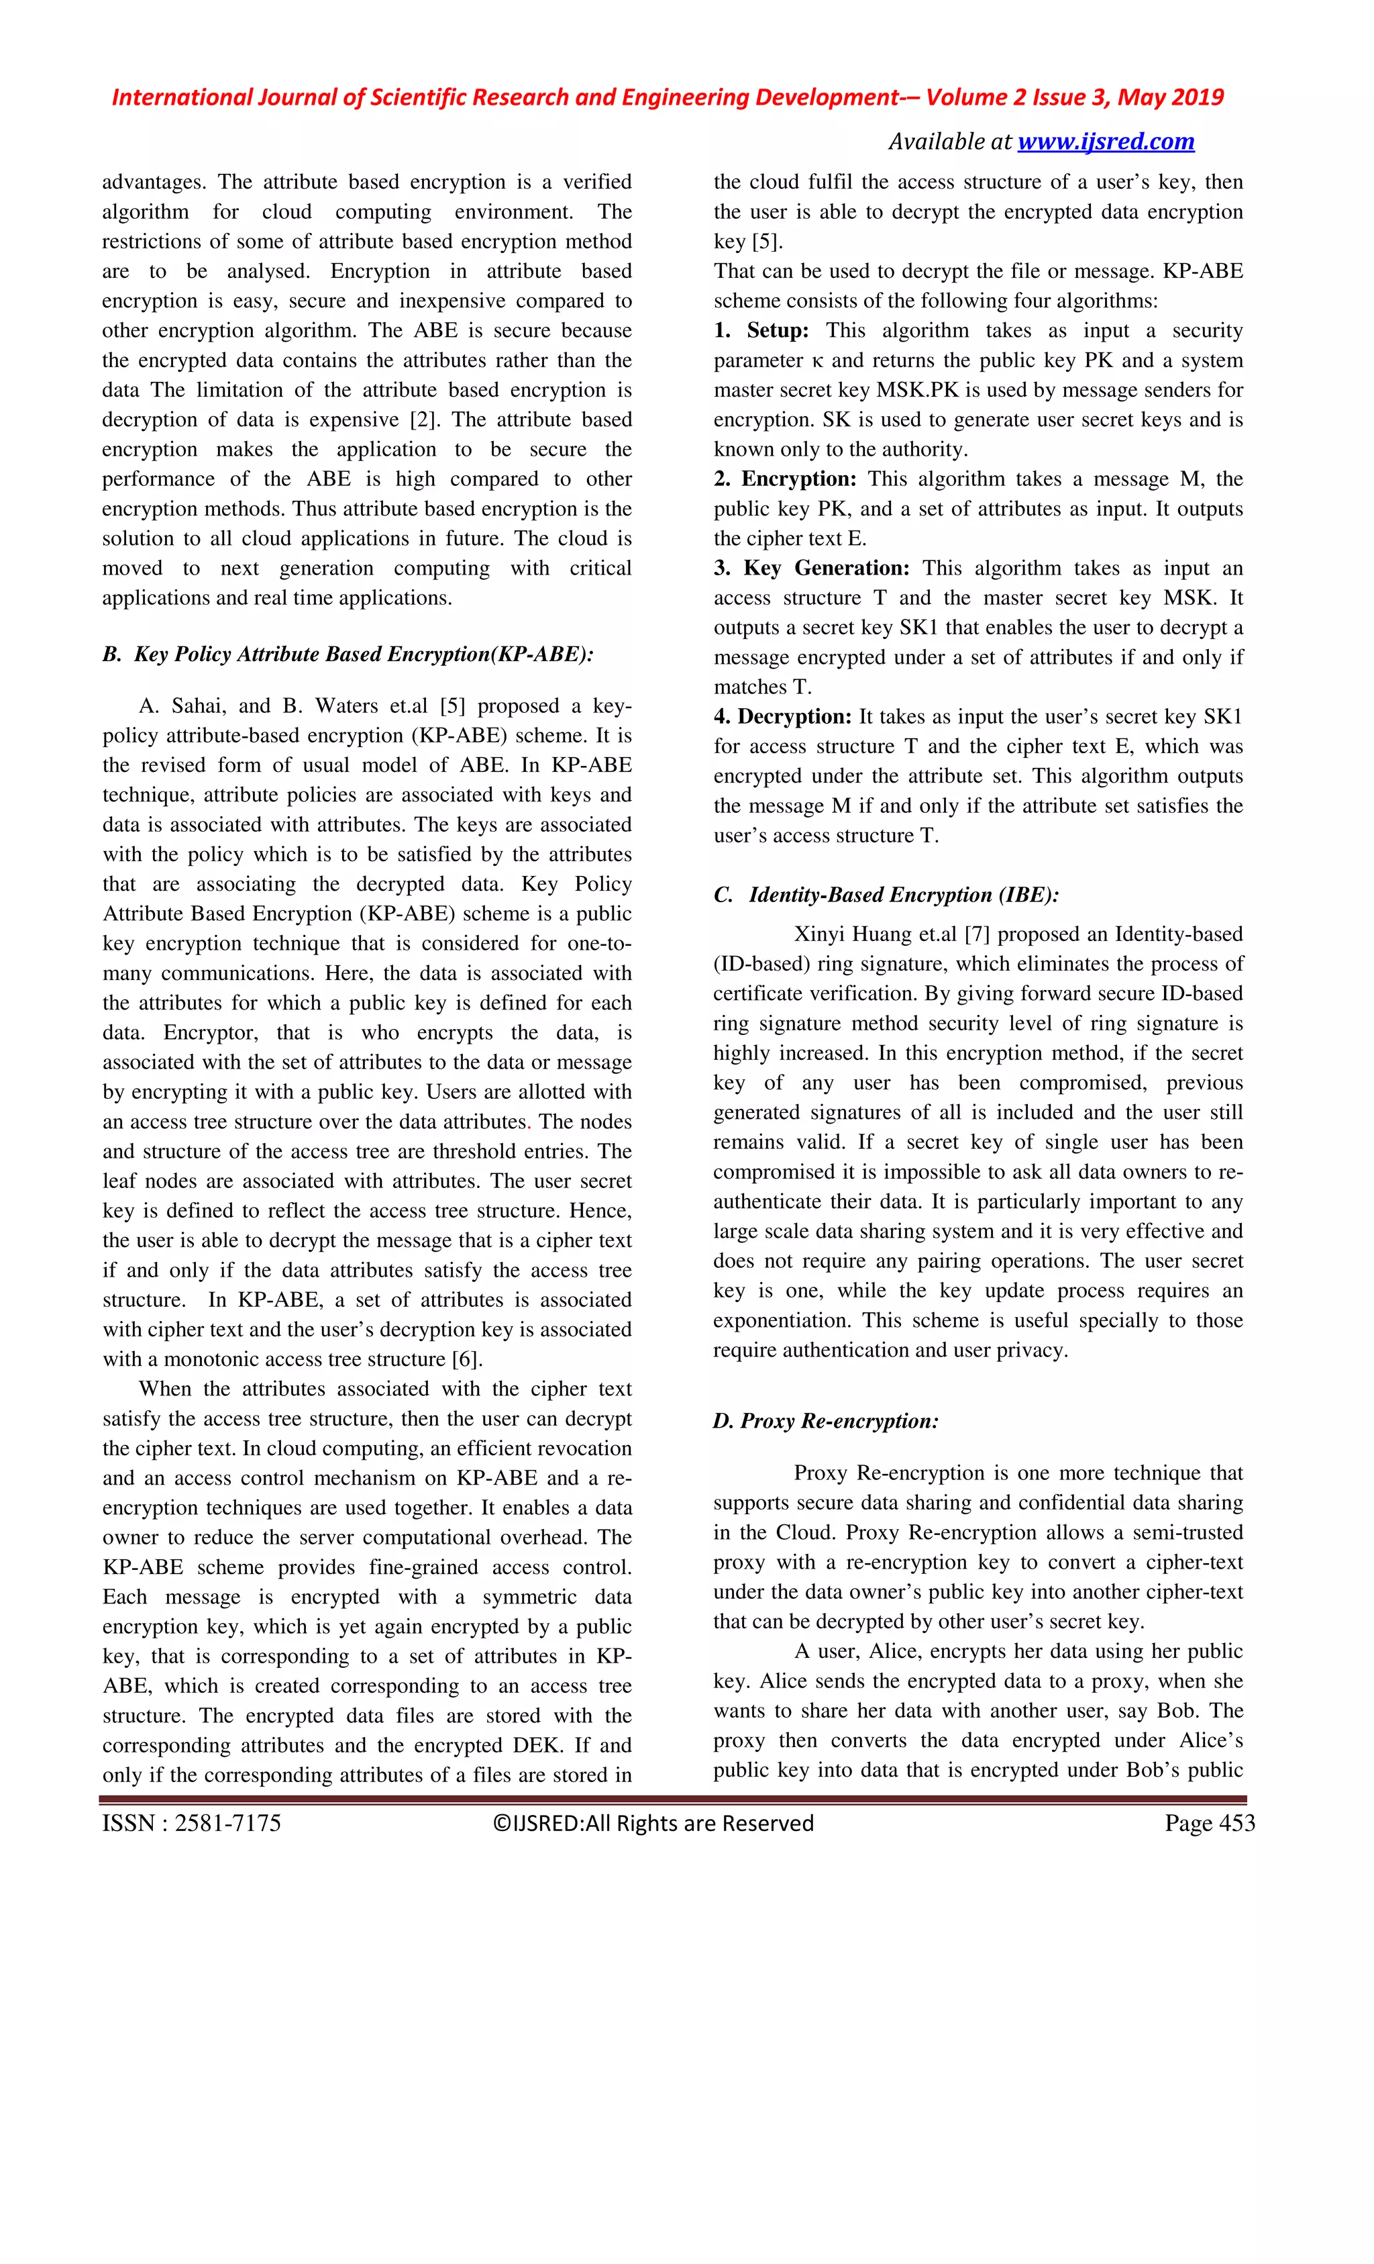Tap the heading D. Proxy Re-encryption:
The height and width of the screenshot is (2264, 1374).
pyautogui.click(x=826, y=1420)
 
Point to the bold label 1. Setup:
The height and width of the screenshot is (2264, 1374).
pyautogui.click(x=761, y=331)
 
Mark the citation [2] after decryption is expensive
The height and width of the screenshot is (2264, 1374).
pyautogui.click(x=424, y=420)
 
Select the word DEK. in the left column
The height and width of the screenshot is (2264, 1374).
pyautogui.click(x=531, y=1746)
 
